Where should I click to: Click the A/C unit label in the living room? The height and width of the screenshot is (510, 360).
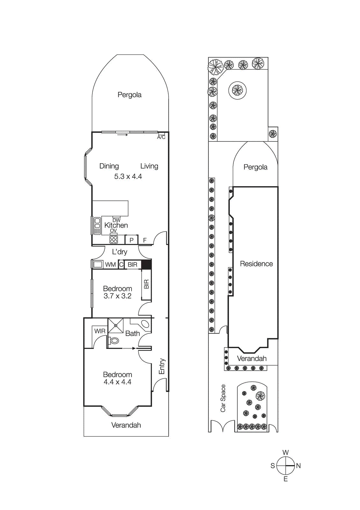[x=161, y=137]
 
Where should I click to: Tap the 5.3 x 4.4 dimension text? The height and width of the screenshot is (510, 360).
[x=128, y=176]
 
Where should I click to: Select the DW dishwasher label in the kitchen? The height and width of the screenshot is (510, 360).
[x=117, y=220]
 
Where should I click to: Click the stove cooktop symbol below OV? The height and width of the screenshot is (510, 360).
[x=114, y=239]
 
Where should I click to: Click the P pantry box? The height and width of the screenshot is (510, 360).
[x=131, y=240]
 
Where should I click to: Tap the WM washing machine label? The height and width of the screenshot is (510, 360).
[x=110, y=265]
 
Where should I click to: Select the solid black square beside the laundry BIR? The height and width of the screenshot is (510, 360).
[x=146, y=265]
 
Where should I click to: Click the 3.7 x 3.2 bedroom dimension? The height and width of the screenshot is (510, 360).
[x=118, y=296]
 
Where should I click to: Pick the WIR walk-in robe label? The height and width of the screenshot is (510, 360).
[x=100, y=331]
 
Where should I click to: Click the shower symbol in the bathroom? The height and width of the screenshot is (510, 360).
[x=116, y=325]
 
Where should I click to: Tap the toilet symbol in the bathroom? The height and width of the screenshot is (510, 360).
[x=114, y=341]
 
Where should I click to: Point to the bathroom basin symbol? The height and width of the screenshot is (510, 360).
[x=145, y=324]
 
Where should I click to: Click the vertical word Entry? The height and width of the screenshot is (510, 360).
[x=162, y=366]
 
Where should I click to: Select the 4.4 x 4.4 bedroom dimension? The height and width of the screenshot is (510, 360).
[x=118, y=382]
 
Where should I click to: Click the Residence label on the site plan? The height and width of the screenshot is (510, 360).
[x=256, y=264]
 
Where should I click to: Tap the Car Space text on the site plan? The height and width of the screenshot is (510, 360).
[x=223, y=398]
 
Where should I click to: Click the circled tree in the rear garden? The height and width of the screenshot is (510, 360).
[x=237, y=90]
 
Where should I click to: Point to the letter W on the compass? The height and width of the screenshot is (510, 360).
[x=286, y=452]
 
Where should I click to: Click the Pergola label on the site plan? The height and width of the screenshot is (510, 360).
[x=255, y=167]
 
